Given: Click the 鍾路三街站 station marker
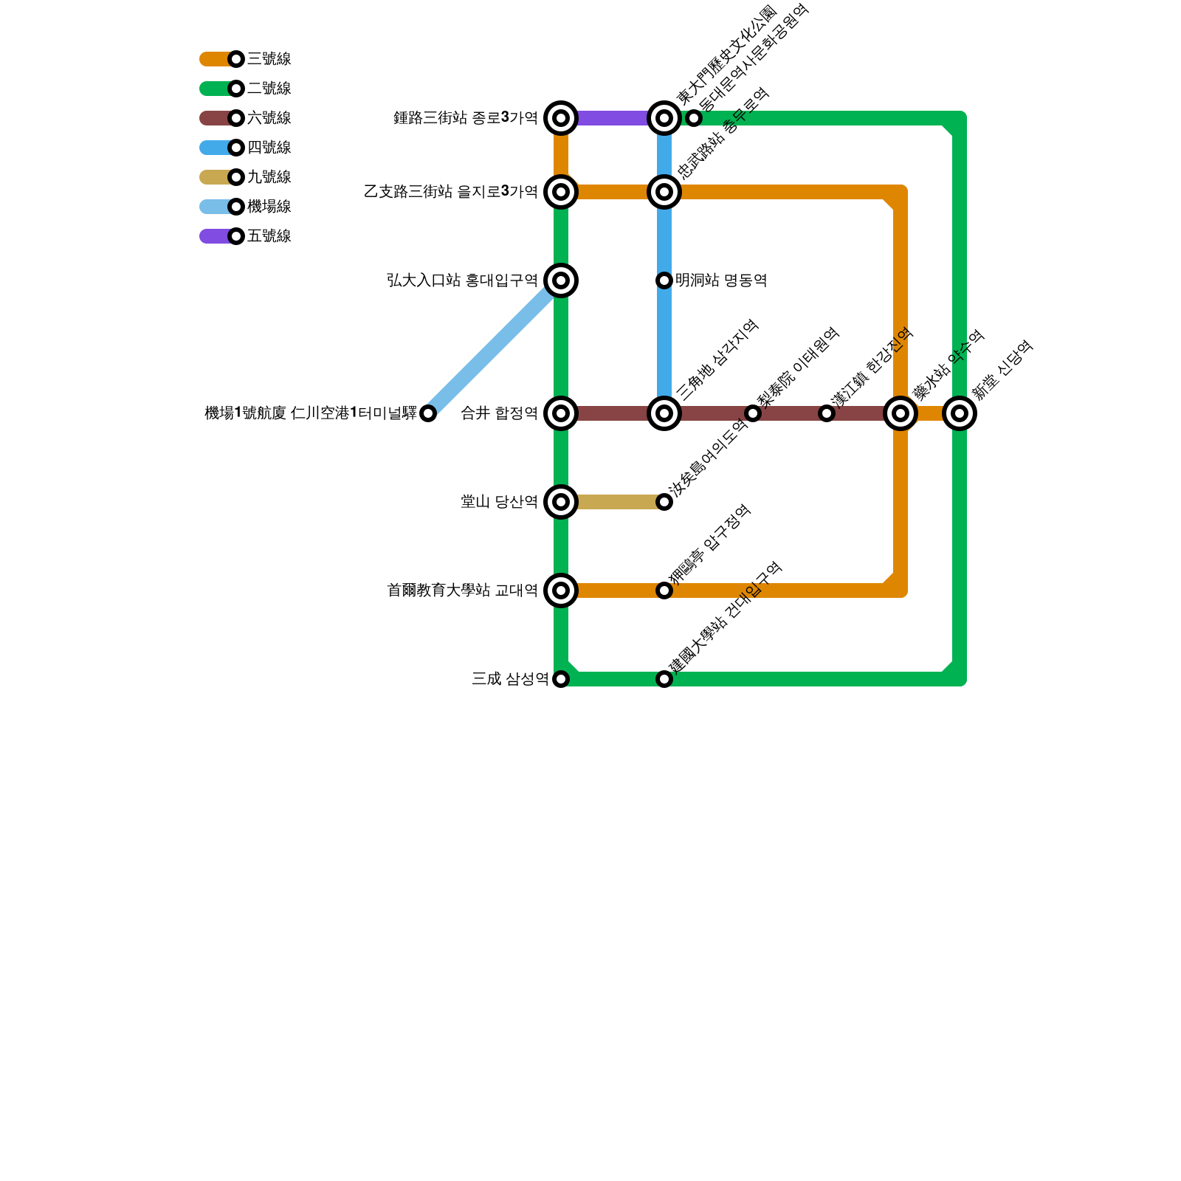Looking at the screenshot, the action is tap(561, 118).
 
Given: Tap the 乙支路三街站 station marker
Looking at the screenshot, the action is tap(561, 192).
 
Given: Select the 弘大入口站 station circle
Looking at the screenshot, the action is tap(561, 280).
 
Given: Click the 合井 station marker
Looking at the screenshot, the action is tap(561, 413).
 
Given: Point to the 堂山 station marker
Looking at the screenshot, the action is tap(561, 502).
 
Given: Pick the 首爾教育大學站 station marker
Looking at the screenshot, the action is tap(561, 590).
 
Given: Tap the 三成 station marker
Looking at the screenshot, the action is tap(561, 679).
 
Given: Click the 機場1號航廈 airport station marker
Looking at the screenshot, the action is tap(428, 413).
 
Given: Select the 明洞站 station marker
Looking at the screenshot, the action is tap(664, 280).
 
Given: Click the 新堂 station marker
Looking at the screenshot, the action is tap(960, 413).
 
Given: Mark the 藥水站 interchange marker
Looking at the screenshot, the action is tap(901, 413).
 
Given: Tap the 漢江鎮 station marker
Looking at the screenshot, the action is tap(827, 413).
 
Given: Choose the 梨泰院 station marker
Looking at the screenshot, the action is tap(753, 413).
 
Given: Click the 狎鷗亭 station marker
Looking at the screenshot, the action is tap(664, 590).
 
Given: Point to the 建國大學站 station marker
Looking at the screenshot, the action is tap(664, 679).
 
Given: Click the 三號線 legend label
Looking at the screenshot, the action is tap(269, 59).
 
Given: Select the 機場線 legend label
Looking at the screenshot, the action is tap(269, 207).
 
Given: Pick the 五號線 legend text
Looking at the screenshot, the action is tap(269, 236).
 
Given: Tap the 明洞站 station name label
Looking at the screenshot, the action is tap(720, 280).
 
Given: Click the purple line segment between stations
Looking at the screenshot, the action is tap(613, 118).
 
